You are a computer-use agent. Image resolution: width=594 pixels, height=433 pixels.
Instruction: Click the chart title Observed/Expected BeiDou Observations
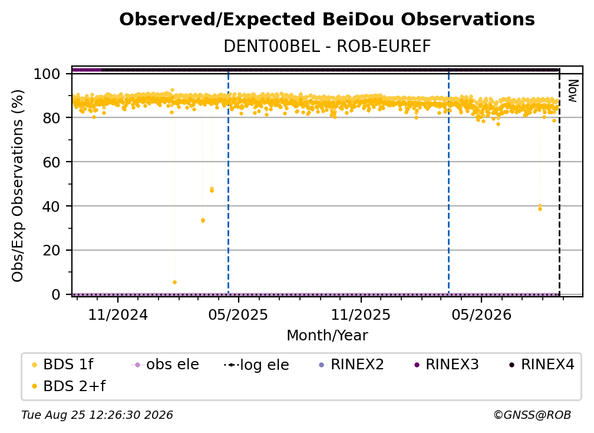click(327, 19)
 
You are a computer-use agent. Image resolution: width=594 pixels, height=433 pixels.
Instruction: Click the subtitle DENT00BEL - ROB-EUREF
click(327, 47)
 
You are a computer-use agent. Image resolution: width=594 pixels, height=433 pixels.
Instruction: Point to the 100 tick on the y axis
click(47, 74)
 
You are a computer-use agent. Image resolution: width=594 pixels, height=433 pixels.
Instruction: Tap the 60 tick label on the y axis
click(51, 162)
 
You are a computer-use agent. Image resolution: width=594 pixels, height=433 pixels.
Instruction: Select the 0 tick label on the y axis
click(56, 294)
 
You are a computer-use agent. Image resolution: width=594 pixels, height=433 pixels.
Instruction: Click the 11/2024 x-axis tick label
click(118, 315)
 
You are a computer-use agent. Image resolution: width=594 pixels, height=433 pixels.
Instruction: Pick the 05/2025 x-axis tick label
click(238, 315)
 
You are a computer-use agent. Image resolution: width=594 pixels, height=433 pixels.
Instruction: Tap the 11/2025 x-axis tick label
click(361, 315)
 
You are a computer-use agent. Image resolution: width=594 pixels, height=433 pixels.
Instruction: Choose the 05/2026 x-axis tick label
click(481, 315)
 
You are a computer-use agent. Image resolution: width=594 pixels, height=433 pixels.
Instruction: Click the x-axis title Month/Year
click(327, 336)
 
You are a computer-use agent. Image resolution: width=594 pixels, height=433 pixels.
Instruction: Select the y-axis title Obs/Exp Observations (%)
click(18, 186)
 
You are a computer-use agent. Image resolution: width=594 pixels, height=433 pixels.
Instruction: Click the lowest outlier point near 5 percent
click(174, 282)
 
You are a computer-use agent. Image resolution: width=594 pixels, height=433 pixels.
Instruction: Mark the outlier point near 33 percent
click(203, 220)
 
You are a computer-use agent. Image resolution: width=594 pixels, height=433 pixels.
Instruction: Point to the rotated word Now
click(572, 91)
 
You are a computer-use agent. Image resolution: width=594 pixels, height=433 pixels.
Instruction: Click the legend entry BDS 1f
click(62, 365)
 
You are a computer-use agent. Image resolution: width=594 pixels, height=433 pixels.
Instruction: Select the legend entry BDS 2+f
click(68, 386)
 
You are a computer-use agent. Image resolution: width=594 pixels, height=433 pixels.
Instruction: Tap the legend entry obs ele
click(165, 365)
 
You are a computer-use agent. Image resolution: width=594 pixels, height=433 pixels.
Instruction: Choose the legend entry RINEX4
click(542, 365)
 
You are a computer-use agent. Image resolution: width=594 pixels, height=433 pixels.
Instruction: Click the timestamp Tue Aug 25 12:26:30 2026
click(97, 415)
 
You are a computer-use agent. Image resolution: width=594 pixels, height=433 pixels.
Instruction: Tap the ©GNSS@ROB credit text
click(532, 415)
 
